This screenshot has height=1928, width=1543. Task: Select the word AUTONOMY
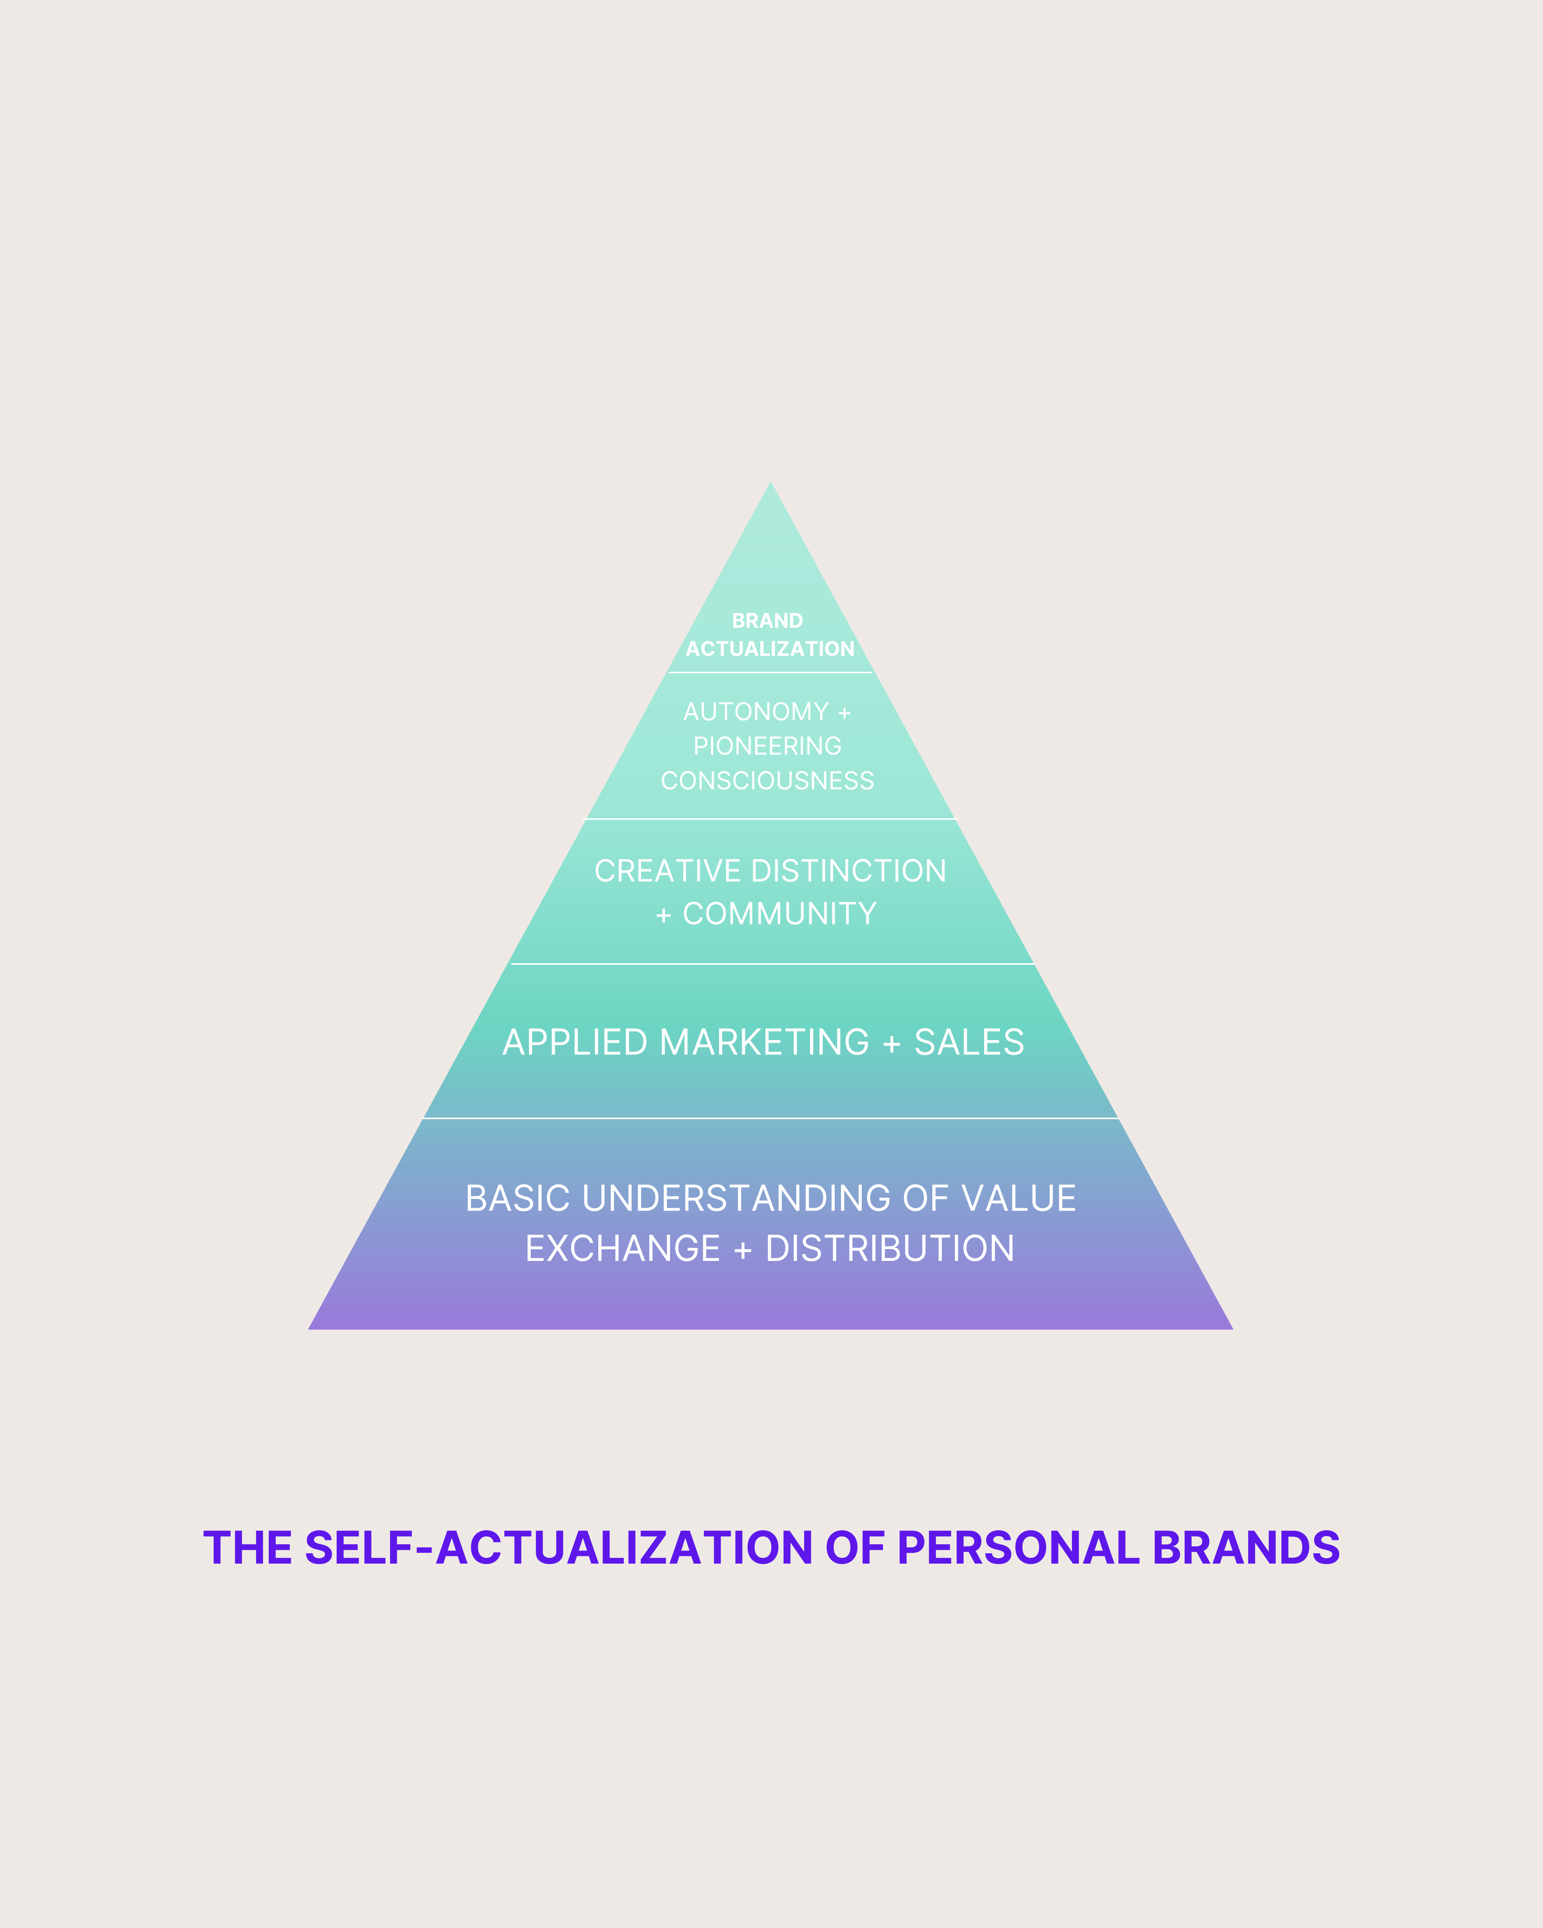pos(756,712)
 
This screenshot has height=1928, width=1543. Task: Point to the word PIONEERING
pos(768,746)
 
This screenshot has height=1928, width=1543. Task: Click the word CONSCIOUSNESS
pos(768,781)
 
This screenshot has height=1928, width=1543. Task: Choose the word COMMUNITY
pos(779,914)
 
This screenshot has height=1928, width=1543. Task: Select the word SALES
pos(969,1043)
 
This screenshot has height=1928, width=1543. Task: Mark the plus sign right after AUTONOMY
pos(844,713)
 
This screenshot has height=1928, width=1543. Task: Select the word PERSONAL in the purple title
pos(1018,1547)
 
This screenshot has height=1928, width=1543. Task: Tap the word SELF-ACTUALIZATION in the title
pos(558,1547)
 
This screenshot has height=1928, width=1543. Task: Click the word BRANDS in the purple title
pos(1246,1547)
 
